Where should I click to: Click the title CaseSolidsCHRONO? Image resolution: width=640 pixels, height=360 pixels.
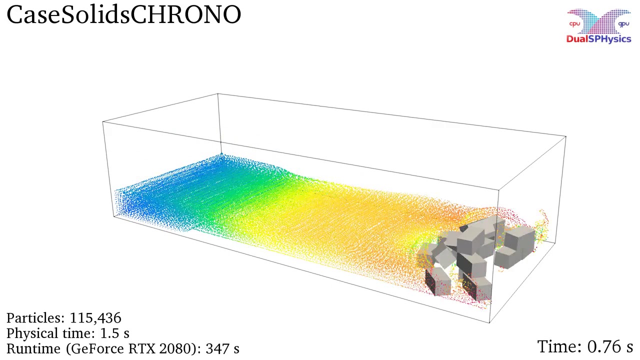(x=123, y=14)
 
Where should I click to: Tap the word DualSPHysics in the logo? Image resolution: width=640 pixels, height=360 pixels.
(x=598, y=39)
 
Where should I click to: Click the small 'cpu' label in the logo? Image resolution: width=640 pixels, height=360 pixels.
(x=574, y=23)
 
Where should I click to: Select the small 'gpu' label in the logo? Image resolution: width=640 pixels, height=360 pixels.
(x=623, y=24)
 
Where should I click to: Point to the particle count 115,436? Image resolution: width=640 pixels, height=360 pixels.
(x=95, y=317)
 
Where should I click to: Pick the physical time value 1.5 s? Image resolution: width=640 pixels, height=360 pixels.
(x=114, y=333)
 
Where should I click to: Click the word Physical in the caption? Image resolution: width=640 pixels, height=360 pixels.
(x=32, y=333)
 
